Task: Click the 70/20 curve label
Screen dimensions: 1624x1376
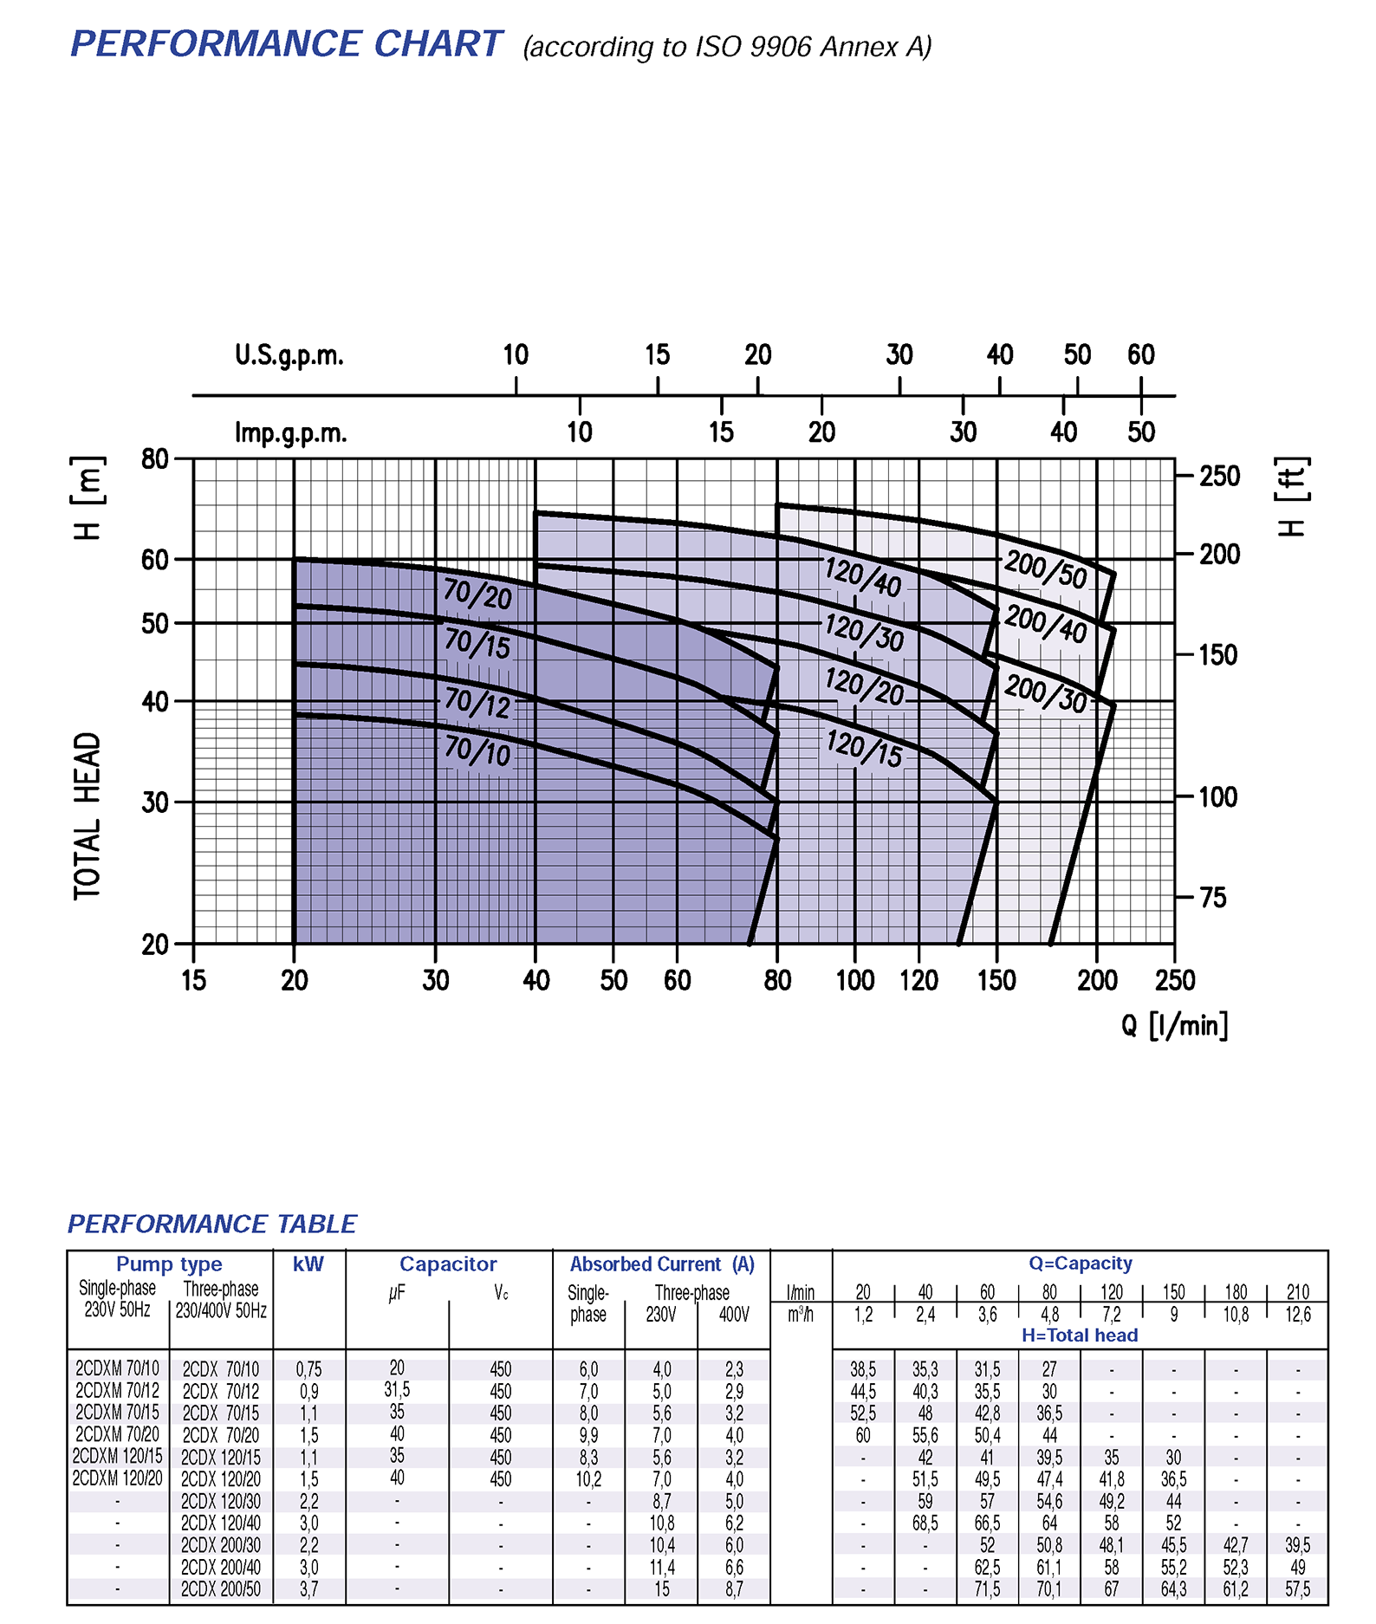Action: tap(477, 594)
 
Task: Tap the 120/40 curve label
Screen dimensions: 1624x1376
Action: tap(862, 576)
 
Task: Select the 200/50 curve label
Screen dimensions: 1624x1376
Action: tap(1045, 569)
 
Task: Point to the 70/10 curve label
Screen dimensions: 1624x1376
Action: tap(477, 750)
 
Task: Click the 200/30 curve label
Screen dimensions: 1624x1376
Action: tap(1045, 694)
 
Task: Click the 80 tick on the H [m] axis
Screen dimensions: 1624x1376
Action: tap(155, 458)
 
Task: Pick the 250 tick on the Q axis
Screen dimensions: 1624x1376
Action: tap(1174, 980)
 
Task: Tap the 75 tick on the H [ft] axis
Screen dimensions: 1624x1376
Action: tap(1213, 898)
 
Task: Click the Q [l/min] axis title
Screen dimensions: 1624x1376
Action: tap(1174, 1026)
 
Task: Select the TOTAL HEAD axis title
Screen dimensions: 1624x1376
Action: tap(88, 816)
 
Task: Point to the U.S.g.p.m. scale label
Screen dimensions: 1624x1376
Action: tap(289, 355)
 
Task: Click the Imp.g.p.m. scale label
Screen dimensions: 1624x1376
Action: tap(290, 432)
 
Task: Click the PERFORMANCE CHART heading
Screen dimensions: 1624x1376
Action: tap(286, 44)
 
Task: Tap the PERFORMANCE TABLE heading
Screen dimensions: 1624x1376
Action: tap(212, 1224)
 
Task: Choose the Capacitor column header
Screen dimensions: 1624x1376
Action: tap(448, 1264)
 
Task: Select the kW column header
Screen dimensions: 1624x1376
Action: tap(308, 1264)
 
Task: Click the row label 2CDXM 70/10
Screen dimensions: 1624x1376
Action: tap(117, 1369)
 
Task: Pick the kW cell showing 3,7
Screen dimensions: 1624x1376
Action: tap(308, 1589)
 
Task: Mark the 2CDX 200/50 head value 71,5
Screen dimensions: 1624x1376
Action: tap(987, 1589)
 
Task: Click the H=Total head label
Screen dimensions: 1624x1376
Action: tap(1080, 1335)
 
